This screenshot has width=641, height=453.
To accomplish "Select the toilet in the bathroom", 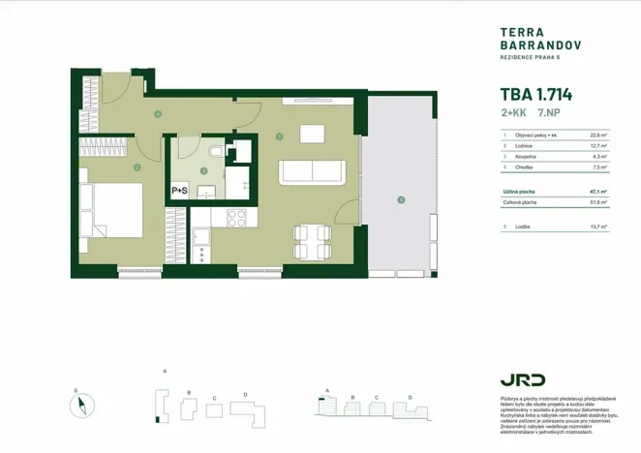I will point(215,152).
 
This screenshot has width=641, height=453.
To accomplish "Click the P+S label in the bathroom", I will point(180,191).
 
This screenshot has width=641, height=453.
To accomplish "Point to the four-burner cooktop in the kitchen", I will point(236,218).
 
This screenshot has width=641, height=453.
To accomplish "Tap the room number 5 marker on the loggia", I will point(400,200).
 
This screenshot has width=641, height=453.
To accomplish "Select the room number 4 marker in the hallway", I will point(158,114).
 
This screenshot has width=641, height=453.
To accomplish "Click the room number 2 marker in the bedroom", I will point(137,167).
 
